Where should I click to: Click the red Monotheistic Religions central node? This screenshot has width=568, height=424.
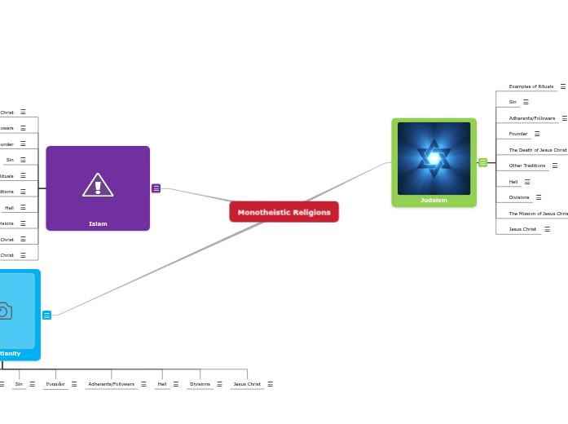click(284, 212)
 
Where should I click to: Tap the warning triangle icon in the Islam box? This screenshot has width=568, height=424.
click(98, 186)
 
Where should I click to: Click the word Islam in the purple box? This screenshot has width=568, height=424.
click(98, 223)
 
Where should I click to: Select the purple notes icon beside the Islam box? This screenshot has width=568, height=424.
click(156, 188)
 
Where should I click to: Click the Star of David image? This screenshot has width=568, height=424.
click(434, 157)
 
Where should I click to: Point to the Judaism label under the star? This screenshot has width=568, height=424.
click(434, 200)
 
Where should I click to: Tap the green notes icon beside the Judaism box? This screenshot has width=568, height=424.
click(482, 162)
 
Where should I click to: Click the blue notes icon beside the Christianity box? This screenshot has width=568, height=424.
click(46, 315)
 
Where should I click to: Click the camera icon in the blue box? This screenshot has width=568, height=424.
click(4, 311)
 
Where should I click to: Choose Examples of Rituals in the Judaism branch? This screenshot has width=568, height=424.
click(531, 86)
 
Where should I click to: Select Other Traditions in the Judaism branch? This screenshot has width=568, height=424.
click(527, 166)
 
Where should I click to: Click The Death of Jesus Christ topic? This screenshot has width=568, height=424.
click(538, 150)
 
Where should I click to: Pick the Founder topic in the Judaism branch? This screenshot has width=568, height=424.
click(518, 134)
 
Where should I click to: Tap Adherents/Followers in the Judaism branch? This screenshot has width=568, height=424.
click(531, 118)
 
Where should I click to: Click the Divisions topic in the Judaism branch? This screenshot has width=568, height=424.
click(519, 197)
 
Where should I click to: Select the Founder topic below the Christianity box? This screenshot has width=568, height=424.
click(55, 384)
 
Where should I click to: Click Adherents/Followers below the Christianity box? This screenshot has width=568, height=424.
click(111, 384)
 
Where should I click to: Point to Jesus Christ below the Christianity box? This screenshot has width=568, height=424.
click(247, 384)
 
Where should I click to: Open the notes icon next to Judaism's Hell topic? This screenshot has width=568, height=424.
click(527, 182)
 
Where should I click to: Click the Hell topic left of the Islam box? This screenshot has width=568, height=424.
click(9, 208)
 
